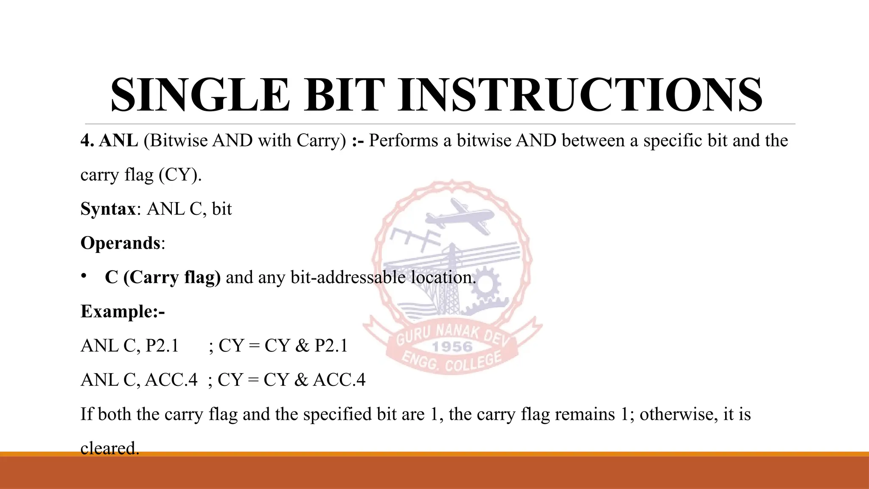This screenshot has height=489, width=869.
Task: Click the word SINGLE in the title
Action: click(199, 95)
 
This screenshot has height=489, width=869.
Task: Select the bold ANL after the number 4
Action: click(118, 141)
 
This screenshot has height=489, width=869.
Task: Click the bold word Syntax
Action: click(108, 209)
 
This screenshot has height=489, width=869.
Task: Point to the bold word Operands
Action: click(120, 243)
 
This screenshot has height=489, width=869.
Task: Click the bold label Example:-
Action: click(122, 311)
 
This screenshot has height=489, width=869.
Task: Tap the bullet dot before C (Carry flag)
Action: click(84, 276)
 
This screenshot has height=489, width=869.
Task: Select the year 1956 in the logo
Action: click(452, 347)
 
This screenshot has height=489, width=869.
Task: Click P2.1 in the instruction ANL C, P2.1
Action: click(162, 346)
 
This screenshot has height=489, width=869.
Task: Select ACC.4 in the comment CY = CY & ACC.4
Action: click(339, 380)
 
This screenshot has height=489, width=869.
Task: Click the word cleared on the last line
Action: click(109, 448)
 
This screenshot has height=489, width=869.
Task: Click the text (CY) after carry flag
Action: click(180, 175)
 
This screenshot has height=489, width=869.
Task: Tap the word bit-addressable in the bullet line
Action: click(348, 277)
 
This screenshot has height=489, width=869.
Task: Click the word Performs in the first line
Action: click(403, 141)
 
